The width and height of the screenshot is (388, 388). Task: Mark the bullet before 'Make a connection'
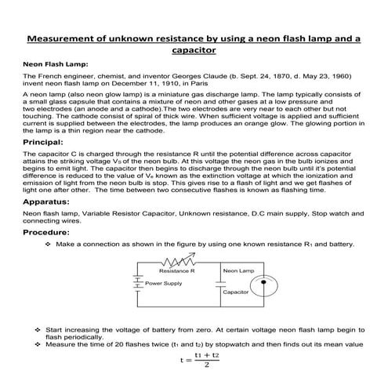pos(49,244)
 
